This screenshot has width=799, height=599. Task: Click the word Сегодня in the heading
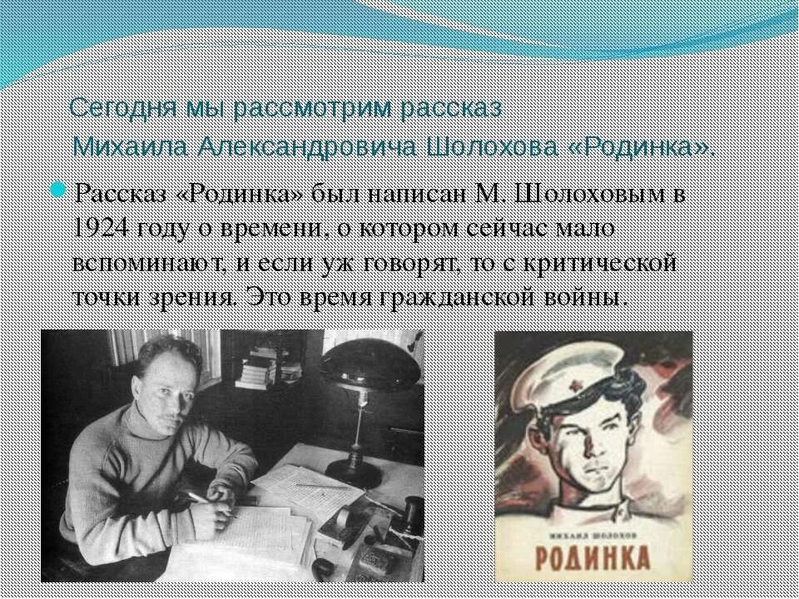[x=107, y=108]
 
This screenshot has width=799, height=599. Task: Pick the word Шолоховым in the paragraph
[x=582, y=194]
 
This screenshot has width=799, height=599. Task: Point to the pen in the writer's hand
[x=197, y=498]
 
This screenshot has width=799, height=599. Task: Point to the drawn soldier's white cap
[x=574, y=379]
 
